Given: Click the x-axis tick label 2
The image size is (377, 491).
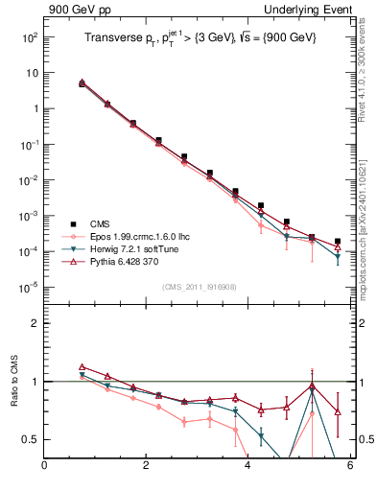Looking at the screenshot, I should click(x=146, y=467).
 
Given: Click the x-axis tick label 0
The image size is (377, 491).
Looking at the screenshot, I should click(x=44, y=467).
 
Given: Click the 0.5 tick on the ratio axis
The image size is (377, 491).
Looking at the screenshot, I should click(x=31, y=439).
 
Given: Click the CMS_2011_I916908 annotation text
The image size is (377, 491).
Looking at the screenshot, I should click(x=198, y=287).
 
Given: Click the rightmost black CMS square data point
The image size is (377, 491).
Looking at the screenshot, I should click(x=338, y=242).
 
